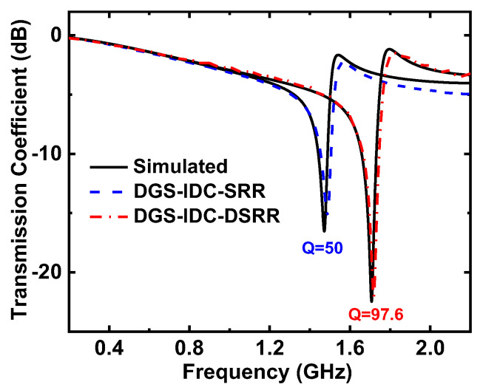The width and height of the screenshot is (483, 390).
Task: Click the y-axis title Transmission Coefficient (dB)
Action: (16, 171)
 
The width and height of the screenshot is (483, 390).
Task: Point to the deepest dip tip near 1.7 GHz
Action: (372, 301)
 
